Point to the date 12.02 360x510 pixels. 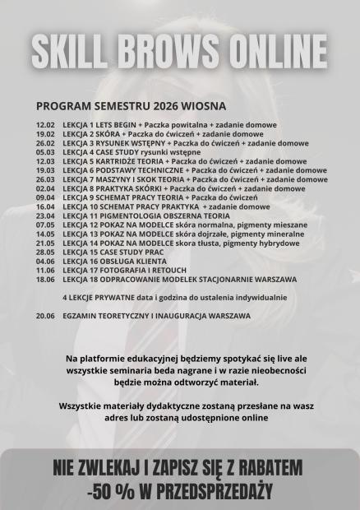(45, 125)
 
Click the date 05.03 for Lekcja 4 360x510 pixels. (45, 152)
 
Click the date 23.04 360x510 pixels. (45, 216)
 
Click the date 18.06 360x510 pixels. (45, 279)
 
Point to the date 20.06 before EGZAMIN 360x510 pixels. (45, 315)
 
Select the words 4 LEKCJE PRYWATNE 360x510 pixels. (93, 297)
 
